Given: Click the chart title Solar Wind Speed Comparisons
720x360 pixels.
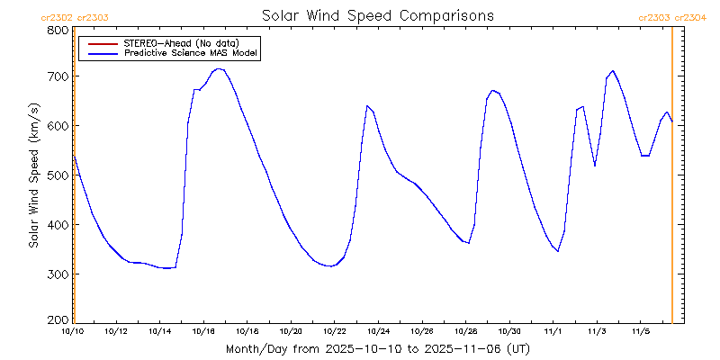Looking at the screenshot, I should pyautogui.click(x=377, y=16).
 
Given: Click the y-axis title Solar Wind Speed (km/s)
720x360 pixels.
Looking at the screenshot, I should pyautogui.click(x=34, y=175).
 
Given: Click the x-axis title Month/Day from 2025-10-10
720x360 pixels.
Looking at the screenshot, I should pyautogui.click(x=377, y=348).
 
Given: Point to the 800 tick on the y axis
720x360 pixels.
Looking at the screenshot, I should pyautogui.click(x=58, y=30).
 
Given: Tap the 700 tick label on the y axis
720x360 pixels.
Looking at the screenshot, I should pyautogui.click(x=58, y=76).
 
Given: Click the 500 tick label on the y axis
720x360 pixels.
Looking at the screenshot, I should pyautogui.click(x=58, y=175).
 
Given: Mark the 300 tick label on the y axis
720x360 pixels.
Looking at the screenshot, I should pyautogui.click(x=58, y=274).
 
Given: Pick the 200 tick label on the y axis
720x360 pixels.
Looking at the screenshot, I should pyautogui.click(x=58, y=320).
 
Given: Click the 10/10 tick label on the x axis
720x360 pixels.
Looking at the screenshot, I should pyautogui.click(x=72, y=331).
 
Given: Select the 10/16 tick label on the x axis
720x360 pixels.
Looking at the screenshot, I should pyautogui.click(x=203, y=331).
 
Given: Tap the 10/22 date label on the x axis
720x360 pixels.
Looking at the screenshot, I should pyautogui.click(x=335, y=331).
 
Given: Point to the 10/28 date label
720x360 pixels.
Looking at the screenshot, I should pyautogui.click(x=465, y=331).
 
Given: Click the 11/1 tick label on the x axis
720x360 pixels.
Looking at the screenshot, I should pyautogui.click(x=553, y=331).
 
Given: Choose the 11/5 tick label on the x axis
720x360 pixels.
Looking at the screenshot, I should pyautogui.click(x=640, y=331).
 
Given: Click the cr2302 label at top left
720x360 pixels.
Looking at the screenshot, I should pyautogui.click(x=57, y=17).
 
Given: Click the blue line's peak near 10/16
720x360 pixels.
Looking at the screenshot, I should pyautogui.click(x=218, y=68).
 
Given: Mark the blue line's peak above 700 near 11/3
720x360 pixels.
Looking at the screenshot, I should pyautogui.click(x=613, y=70).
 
